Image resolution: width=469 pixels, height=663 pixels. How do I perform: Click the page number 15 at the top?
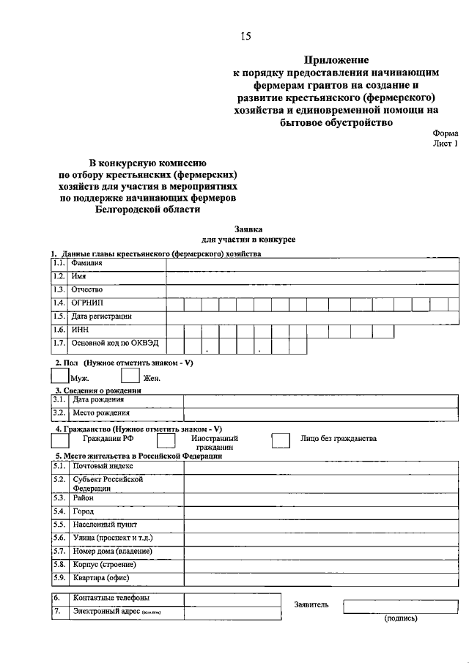coord(245,37)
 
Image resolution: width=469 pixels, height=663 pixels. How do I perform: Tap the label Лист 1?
coord(444,144)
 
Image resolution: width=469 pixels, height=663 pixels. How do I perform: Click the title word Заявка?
coord(248,229)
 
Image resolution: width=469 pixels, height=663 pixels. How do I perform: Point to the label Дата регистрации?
coord(102,316)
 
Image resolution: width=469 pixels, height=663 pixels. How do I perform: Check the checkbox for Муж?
coord(60,375)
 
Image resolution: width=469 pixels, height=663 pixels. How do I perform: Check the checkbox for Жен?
coord(130,375)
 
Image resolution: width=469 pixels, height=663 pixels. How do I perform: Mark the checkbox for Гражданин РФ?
coord(60,440)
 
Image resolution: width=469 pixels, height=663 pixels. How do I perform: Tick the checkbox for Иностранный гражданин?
coord(166,440)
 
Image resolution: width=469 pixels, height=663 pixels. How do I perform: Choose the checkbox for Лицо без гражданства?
coord(281,440)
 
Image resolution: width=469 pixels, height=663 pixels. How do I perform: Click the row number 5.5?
coord(59,525)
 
